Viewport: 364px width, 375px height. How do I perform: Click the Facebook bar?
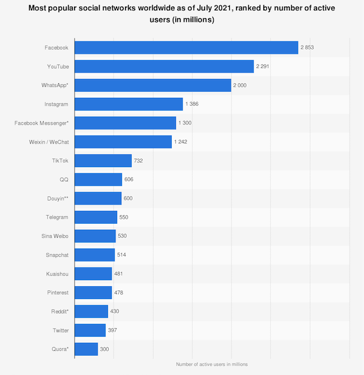click(186, 47)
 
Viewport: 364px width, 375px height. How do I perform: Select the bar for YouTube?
click(164, 66)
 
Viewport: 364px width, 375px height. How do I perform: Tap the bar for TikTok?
click(103, 160)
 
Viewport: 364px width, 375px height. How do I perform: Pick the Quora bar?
click(86, 349)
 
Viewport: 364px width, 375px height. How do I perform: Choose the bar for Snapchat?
click(95, 255)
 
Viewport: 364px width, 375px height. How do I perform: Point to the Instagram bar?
click(129, 104)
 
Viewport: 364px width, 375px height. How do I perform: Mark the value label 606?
click(129, 179)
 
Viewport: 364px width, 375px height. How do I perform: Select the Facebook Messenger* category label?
click(41, 123)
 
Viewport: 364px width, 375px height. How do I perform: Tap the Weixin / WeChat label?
click(48, 142)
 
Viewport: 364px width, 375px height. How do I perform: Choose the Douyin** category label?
click(56, 198)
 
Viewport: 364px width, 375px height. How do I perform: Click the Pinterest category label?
click(56, 292)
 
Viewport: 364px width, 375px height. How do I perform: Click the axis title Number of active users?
click(212, 364)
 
